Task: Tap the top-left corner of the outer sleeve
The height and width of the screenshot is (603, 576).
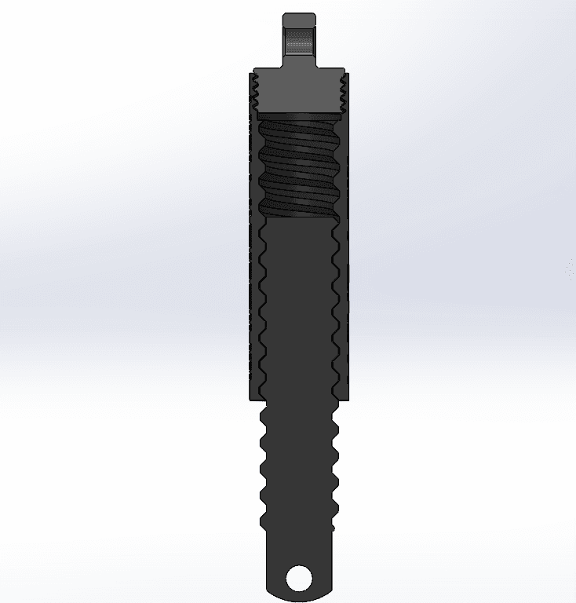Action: pos(250,73)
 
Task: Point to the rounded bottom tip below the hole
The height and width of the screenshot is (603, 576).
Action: pos(299,598)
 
